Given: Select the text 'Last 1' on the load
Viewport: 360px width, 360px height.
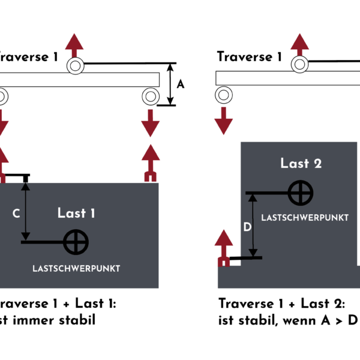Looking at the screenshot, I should (76, 212).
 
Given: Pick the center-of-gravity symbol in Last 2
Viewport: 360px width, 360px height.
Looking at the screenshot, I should (300, 193).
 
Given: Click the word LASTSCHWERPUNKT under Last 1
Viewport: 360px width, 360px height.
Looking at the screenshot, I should (76, 268).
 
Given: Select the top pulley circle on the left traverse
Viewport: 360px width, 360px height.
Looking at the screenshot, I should (75, 65).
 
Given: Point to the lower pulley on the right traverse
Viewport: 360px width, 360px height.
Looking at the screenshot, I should (224, 94).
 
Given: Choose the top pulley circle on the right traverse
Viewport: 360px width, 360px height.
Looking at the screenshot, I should (299, 64).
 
